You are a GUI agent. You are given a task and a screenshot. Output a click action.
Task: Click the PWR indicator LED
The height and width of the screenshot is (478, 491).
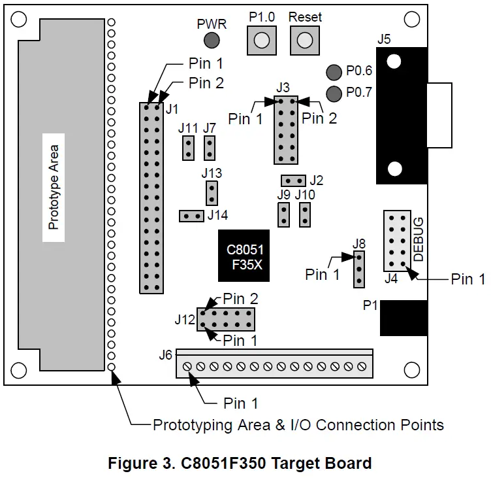point(211,41)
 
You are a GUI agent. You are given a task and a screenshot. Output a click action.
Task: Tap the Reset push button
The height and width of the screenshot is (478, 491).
point(302,41)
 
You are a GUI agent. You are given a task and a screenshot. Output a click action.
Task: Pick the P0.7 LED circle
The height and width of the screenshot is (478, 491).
point(334,94)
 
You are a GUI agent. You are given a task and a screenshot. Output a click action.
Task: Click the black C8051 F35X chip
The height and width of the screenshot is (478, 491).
point(243,256)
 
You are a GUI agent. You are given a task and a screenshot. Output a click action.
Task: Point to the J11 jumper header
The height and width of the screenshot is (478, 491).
point(187,148)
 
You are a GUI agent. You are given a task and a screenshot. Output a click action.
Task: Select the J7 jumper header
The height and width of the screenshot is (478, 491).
point(210,148)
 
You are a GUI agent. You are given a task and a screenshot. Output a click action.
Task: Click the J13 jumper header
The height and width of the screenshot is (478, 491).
point(211,193)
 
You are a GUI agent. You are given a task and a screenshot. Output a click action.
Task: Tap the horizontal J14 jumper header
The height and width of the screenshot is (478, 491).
point(191,216)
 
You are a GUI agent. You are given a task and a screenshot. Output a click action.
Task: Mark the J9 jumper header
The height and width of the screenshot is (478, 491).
point(283,214)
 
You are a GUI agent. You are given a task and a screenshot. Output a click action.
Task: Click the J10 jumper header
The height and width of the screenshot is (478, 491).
point(304,214)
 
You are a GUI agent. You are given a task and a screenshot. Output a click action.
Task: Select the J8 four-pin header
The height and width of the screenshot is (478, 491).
point(358,269)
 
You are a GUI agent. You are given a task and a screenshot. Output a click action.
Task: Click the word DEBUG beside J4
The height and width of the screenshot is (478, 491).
point(419,239)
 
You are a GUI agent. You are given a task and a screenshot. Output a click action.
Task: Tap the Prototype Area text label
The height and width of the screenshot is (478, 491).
point(54,188)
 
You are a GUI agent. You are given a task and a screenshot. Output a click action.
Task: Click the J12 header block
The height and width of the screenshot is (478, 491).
point(227,319)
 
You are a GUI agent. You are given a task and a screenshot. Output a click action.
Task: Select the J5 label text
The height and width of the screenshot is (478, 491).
point(384,39)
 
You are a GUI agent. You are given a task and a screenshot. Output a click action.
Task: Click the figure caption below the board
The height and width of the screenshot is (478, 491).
point(240,464)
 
